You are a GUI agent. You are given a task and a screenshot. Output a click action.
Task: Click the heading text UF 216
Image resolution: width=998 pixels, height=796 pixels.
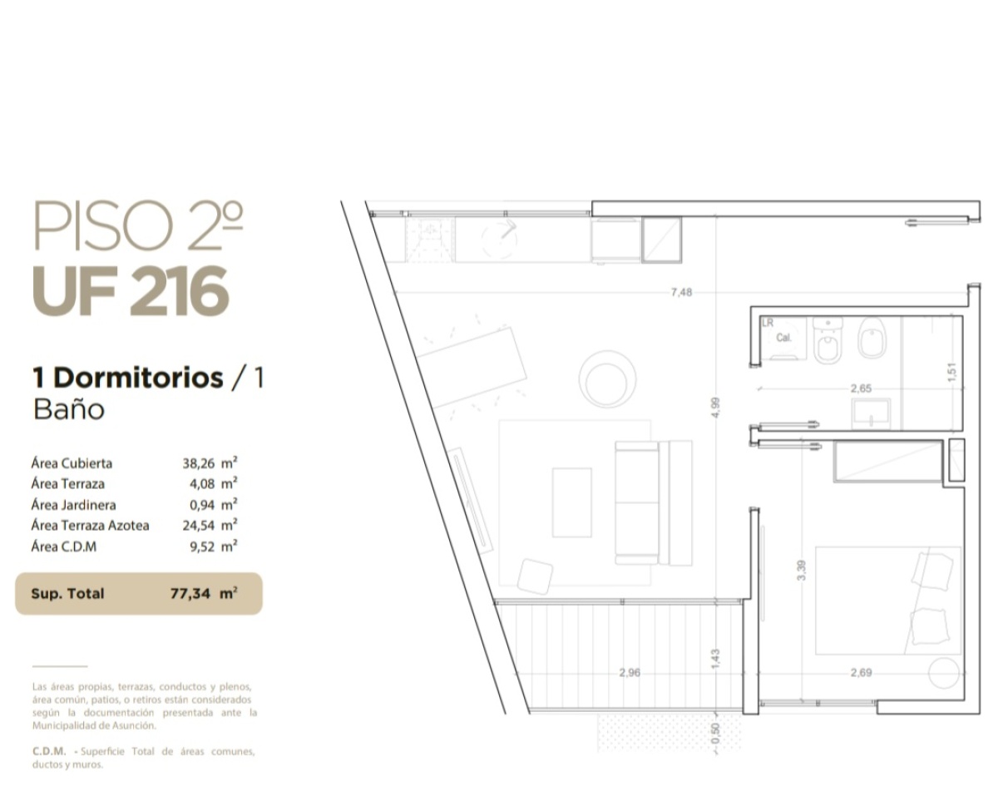tap(131, 292)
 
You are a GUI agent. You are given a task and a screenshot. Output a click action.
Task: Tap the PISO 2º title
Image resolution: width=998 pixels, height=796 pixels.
tap(138, 226)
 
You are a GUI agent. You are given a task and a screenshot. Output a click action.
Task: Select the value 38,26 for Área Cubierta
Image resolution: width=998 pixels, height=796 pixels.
tap(199, 463)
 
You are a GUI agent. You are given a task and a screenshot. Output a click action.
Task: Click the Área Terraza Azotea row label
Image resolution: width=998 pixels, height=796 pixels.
tap(90, 526)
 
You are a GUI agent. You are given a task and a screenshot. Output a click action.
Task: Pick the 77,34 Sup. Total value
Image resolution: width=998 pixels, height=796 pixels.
tap(190, 593)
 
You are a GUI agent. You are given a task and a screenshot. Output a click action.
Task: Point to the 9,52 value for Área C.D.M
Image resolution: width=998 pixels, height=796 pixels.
tap(202, 547)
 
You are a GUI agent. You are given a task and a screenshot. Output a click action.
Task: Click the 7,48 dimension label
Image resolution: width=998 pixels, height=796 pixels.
tap(681, 292)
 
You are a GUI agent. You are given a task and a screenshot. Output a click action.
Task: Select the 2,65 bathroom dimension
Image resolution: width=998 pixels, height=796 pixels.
tap(862, 388)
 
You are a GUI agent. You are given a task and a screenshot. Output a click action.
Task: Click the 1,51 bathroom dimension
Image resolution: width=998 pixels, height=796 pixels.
tap(951, 373)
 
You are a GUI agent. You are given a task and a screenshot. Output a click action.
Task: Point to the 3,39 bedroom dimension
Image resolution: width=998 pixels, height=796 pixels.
tap(802, 571)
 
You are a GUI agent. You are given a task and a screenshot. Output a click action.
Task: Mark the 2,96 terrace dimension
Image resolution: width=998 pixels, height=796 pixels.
tap(630, 673)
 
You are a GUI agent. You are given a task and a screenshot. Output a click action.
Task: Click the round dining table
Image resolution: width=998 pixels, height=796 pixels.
tap(607, 379)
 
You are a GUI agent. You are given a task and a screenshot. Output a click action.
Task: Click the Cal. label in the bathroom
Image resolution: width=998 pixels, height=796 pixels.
tap(783, 338)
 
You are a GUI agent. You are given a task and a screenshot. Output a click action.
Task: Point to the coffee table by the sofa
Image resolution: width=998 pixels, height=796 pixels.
tap(572, 502)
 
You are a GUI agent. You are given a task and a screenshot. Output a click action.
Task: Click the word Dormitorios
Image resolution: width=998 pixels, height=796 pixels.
tap(138, 378)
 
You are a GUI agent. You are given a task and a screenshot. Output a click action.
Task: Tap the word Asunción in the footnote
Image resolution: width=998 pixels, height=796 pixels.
tap(134, 725)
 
